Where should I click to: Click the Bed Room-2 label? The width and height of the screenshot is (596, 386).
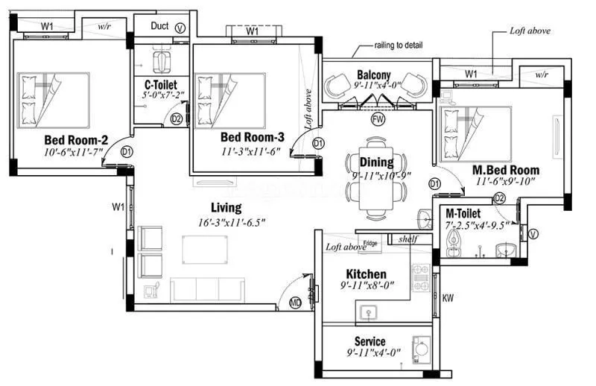(77, 139)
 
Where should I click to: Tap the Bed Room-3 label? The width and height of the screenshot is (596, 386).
(253, 138)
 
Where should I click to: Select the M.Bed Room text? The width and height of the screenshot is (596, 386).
(506, 170)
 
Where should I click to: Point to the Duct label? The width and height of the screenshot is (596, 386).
(159, 25)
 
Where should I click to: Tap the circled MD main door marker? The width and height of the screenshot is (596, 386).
(296, 303)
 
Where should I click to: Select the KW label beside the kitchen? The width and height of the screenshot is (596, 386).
(448, 298)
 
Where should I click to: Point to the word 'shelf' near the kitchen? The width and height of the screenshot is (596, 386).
(408, 239)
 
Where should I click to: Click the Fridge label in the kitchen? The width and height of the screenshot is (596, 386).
(370, 243)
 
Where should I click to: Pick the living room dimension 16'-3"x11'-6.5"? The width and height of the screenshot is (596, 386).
(226, 221)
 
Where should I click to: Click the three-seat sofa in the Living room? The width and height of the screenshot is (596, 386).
(207, 288)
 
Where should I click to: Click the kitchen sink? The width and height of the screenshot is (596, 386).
(368, 311)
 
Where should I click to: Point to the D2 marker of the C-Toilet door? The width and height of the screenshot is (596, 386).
(177, 118)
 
